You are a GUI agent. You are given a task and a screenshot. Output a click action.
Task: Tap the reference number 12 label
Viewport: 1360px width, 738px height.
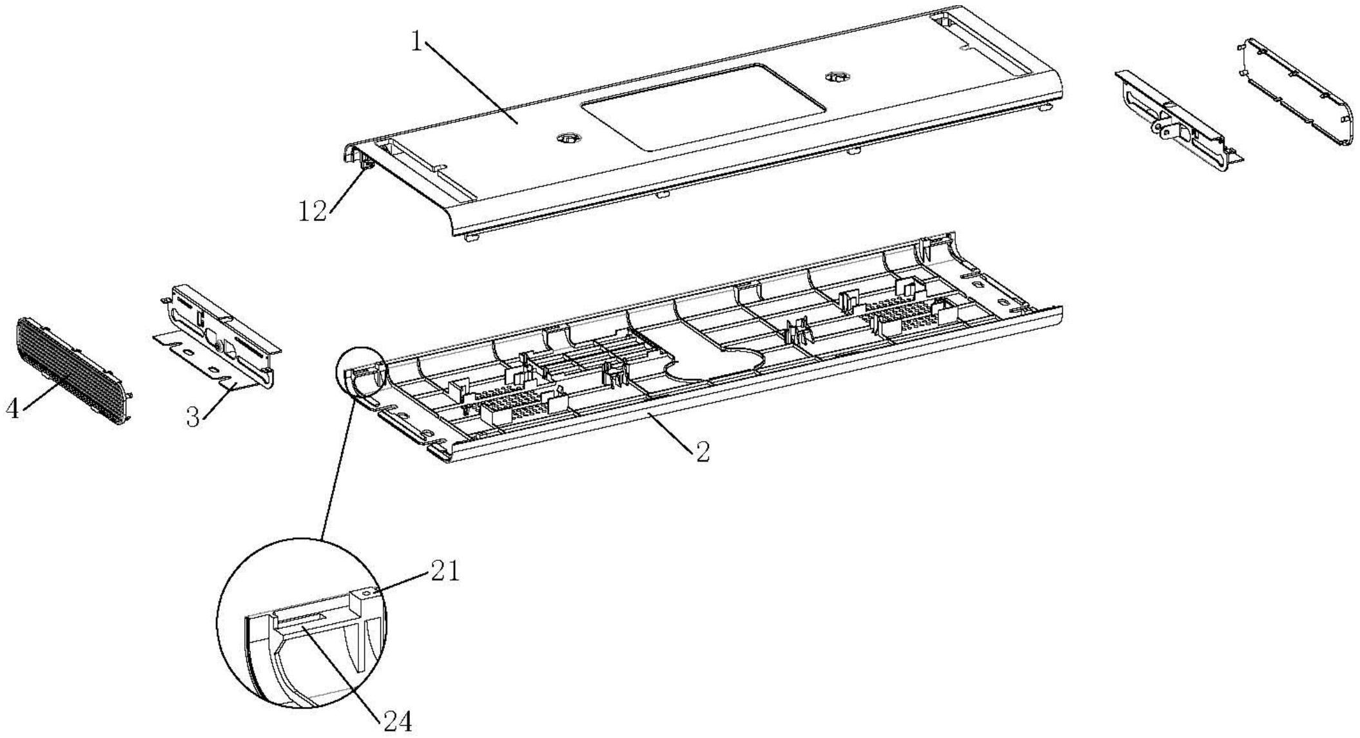tap(313, 211)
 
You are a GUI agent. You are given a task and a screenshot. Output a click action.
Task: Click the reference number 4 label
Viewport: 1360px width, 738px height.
tap(13, 407)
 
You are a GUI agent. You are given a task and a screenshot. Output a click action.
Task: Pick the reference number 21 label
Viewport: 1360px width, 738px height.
tap(445, 571)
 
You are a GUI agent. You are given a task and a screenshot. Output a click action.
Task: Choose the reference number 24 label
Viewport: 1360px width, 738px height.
tap(398, 721)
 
